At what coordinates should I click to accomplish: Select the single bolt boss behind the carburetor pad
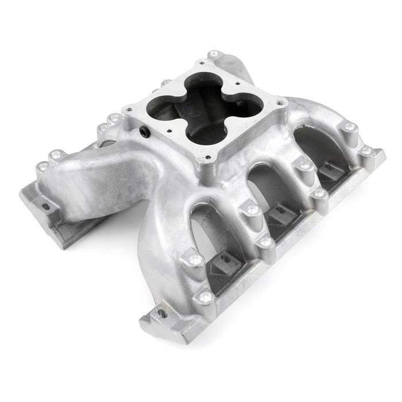click(x=215, y=55)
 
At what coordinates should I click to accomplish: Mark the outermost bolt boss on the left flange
click(x=42, y=167)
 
